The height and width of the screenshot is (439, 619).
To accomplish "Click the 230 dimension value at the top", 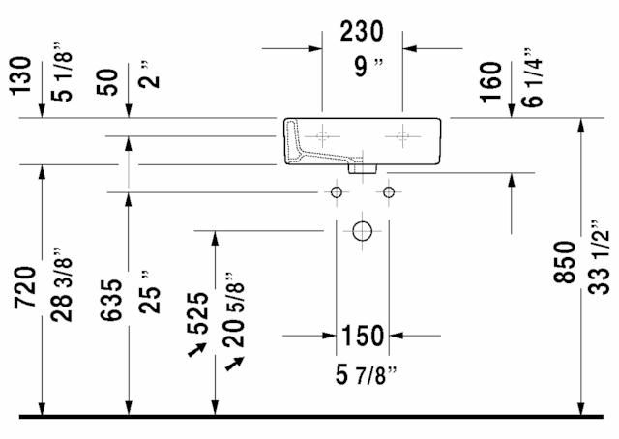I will pyautogui.click(x=362, y=32).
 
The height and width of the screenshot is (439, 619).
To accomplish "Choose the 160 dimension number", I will pyautogui.click(x=491, y=82).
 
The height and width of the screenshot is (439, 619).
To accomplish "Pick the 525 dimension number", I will pyautogui.click(x=199, y=311).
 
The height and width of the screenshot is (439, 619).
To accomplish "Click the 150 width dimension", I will pyautogui.click(x=362, y=337).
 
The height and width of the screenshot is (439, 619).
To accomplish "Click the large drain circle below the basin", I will pyautogui.click(x=362, y=232).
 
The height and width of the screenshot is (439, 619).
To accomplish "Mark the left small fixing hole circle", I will pyautogui.click(x=337, y=192).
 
